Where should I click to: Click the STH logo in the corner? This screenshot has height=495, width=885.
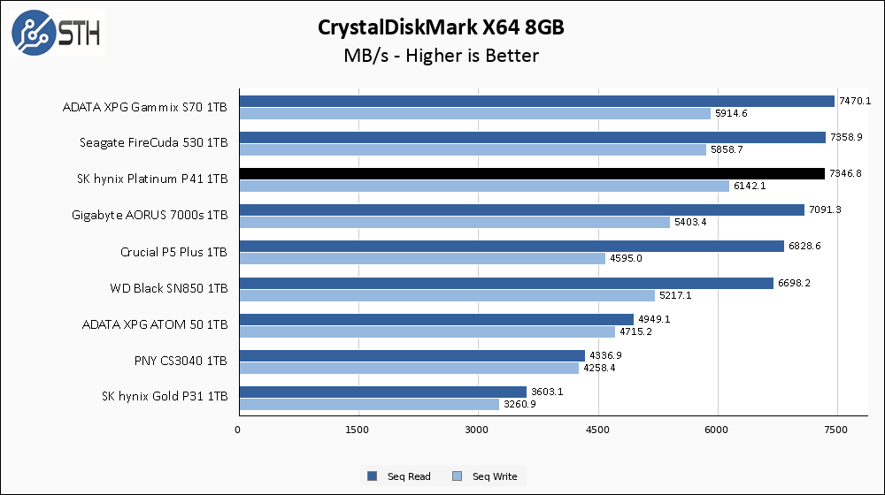click(56, 33)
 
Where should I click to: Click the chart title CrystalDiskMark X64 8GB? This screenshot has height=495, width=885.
click(442, 27)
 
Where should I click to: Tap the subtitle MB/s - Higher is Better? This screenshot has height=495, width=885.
click(442, 56)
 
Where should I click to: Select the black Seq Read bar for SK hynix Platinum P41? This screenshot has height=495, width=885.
click(531, 173)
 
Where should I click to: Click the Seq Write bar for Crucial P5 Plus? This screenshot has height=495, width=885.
click(421, 258)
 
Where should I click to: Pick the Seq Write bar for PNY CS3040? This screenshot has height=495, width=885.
click(408, 368)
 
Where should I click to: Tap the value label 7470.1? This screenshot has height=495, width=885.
click(856, 101)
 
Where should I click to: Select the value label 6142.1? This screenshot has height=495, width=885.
click(750, 186)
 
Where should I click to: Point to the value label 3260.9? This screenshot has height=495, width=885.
click(519, 404)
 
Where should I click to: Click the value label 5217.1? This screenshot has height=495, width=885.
click(674, 295)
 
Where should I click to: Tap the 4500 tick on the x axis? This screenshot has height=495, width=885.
click(598, 430)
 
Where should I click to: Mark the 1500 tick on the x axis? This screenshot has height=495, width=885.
click(358, 430)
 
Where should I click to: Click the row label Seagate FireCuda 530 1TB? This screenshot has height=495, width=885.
click(153, 142)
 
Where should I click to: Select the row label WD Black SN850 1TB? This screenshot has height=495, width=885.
click(168, 288)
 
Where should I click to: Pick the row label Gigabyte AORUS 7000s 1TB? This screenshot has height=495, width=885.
click(150, 215)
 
